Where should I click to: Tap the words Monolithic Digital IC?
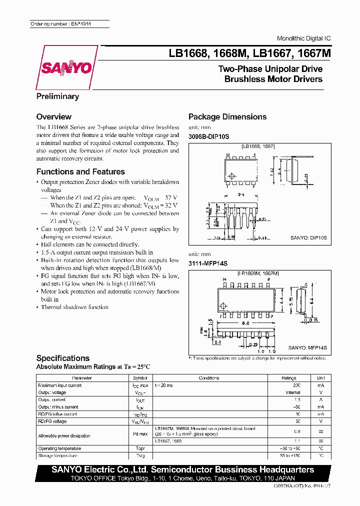pyautogui.click(x=303, y=39)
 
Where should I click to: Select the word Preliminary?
pyautogui.click(x=57, y=96)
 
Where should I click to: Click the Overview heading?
pyautogui.click(x=54, y=117)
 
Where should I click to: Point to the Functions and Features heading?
pyautogui.click(x=80, y=171)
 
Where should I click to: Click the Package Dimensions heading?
pyautogui.click(x=227, y=117)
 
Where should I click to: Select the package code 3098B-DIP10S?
pyautogui.click(x=208, y=136)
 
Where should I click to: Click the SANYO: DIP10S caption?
pyautogui.click(x=308, y=239)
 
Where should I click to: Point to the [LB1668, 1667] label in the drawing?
pyautogui.click(x=258, y=146)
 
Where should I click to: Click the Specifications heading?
pyautogui.click(x=63, y=358)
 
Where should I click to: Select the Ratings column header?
pyautogui.click(x=288, y=378)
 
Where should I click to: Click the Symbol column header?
pyautogui.click(x=140, y=378)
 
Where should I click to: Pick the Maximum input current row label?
pyautogui.click(x=60, y=385)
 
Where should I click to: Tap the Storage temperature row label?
pyautogui.click(x=57, y=455)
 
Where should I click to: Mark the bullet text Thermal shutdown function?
pyautogui.click(x=74, y=307)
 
